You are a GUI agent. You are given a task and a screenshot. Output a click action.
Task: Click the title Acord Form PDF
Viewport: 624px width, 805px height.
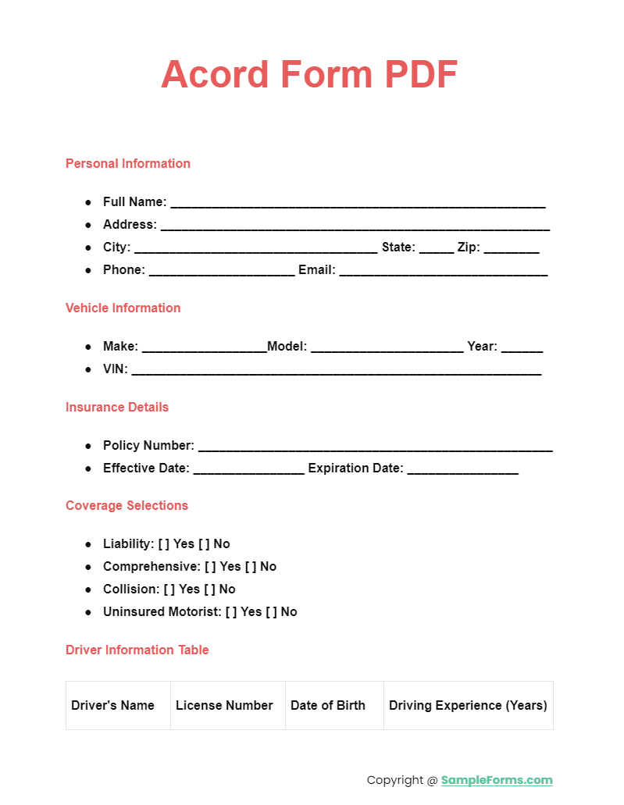[309, 75]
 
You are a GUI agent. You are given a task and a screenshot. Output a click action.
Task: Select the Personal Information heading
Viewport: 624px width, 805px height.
[128, 163]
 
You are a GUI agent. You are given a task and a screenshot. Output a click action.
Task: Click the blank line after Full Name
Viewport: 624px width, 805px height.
[358, 203]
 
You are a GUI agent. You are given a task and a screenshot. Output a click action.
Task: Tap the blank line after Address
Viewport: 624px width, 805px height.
[355, 226]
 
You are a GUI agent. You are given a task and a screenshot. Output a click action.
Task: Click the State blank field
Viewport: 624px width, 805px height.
[436, 248]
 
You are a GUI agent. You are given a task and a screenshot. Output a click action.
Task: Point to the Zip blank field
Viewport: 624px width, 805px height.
[512, 248]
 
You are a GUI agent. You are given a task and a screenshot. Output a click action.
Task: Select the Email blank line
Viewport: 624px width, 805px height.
[443, 271]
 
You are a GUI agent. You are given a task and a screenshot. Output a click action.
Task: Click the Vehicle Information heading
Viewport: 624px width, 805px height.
[123, 308]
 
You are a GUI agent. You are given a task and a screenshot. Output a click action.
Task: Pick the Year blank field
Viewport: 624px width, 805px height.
[522, 347]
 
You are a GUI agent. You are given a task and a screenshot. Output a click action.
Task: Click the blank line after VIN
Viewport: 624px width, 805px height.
[336, 370]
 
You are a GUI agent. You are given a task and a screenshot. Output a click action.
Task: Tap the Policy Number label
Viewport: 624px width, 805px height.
[148, 445]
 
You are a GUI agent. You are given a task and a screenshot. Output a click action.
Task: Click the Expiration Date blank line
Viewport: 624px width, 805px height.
[462, 469]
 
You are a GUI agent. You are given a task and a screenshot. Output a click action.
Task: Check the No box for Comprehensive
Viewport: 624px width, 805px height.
[251, 566]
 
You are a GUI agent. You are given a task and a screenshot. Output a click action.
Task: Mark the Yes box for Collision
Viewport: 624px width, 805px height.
[169, 589]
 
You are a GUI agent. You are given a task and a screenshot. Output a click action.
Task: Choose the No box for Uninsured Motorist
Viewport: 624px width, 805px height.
[271, 611]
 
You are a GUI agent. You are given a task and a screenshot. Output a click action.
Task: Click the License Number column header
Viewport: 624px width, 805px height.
[224, 705]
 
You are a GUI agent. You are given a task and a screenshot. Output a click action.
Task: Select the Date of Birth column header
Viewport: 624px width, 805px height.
[328, 705]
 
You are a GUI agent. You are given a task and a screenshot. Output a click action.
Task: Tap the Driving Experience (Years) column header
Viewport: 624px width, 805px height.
[468, 705]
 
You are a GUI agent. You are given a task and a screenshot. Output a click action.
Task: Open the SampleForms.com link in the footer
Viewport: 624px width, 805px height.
[497, 779]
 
